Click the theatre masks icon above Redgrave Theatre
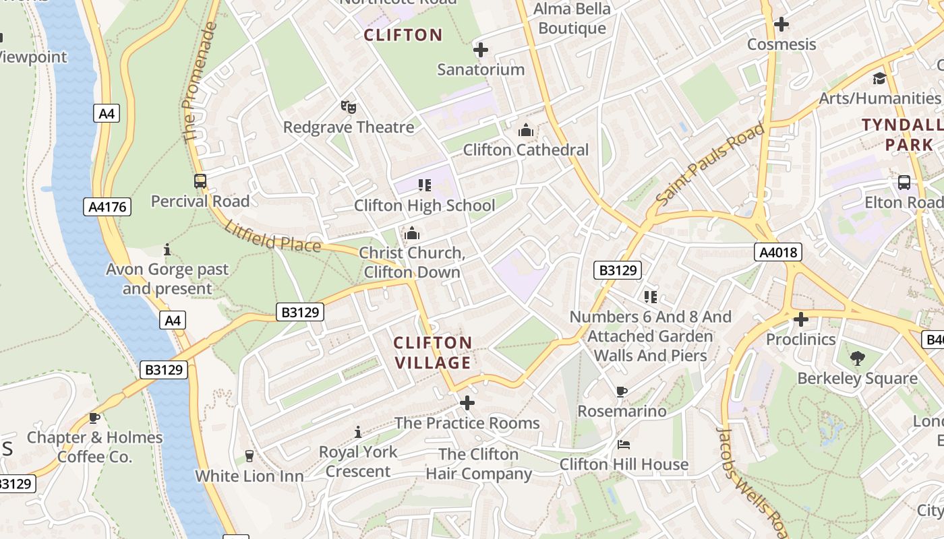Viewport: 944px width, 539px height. pyautogui.click(x=348, y=106)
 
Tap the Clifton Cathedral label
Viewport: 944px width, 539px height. pyautogui.click(x=525, y=150)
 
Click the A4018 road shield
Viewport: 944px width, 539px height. pyautogui.click(x=778, y=253)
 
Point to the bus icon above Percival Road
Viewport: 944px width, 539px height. pyautogui.click(x=200, y=181)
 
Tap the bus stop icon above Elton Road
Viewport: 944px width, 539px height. pyautogui.click(x=904, y=182)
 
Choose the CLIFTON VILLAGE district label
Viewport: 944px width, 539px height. pyautogui.click(x=433, y=353)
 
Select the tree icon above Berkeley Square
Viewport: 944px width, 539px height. pyautogui.click(x=857, y=358)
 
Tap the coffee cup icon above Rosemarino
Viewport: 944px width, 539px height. pyautogui.click(x=622, y=391)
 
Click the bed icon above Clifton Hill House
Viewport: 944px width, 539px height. pyautogui.click(x=624, y=445)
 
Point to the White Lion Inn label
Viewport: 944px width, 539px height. pyautogui.click(x=249, y=476)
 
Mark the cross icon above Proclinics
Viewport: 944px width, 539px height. pyautogui.click(x=800, y=319)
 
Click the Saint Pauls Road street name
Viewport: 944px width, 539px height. pyautogui.click(x=711, y=164)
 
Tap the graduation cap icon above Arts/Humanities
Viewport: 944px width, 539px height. pyautogui.click(x=879, y=78)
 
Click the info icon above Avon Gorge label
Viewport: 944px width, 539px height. pyautogui.click(x=167, y=249)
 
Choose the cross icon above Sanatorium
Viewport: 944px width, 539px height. pyautogui.click(x=480, y=49)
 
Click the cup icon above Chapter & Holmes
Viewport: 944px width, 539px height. pyautogui.click(x=94, y=418)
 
